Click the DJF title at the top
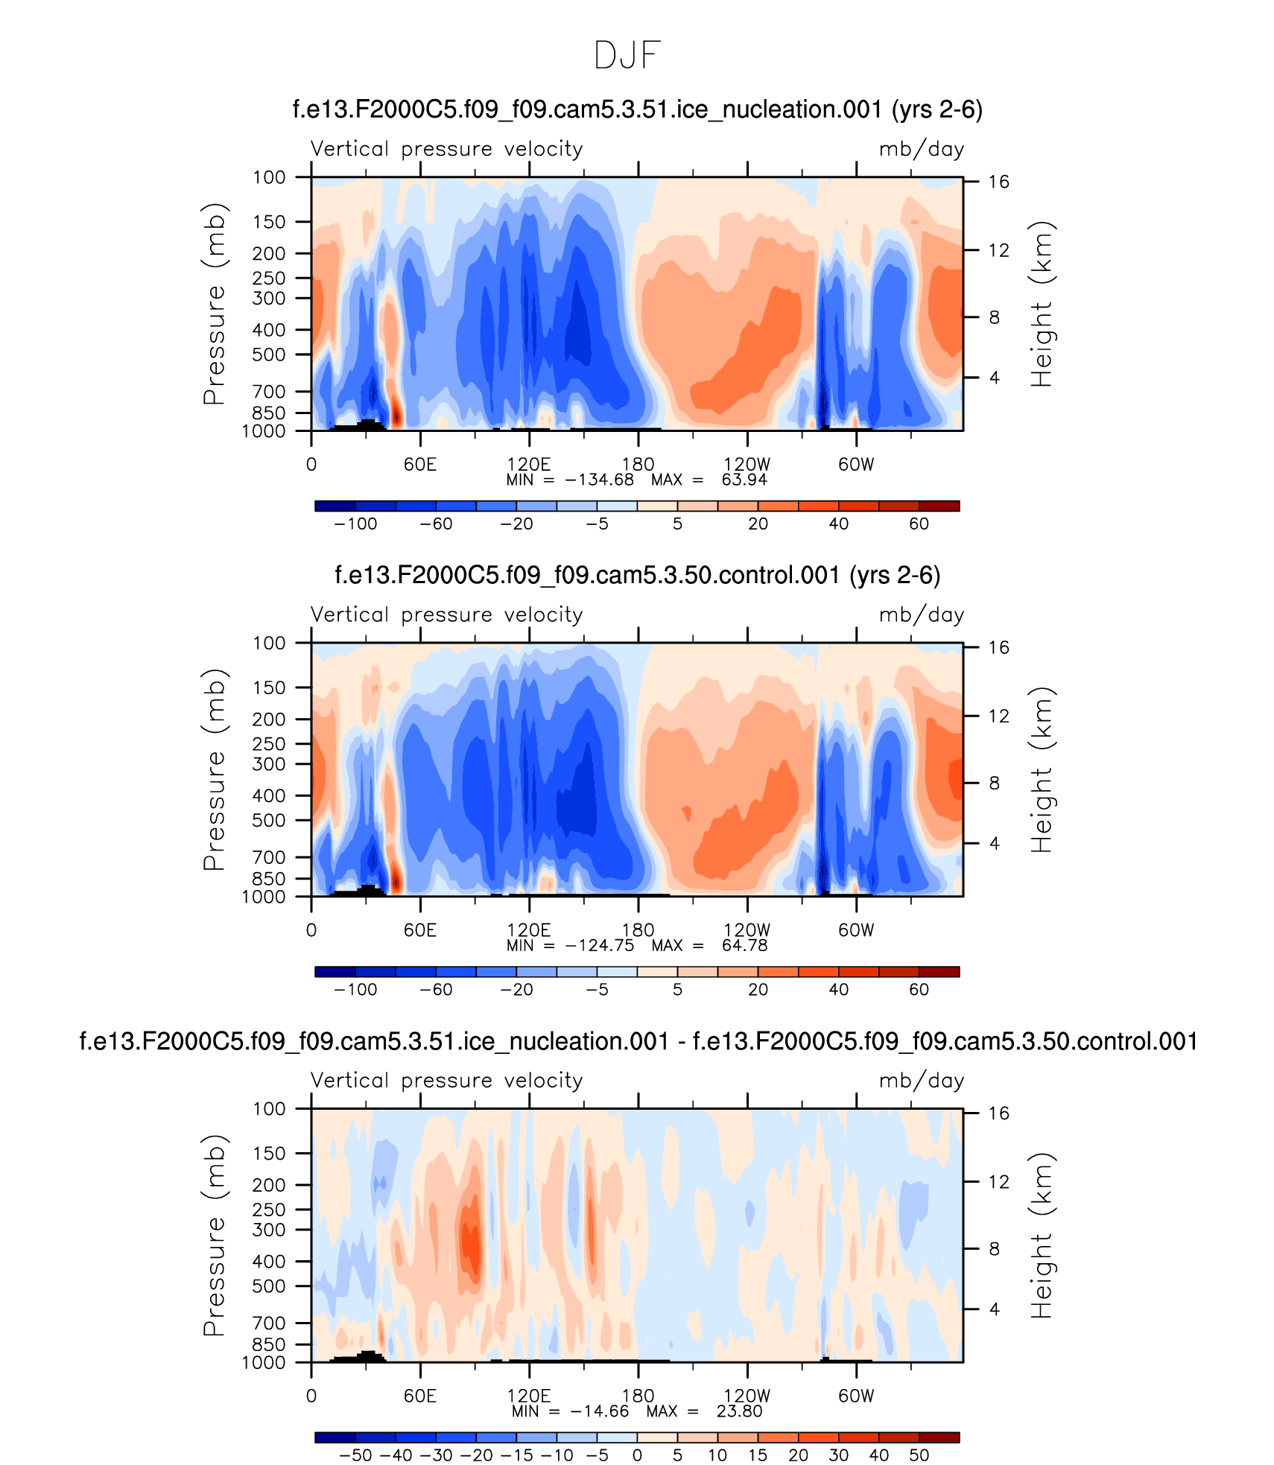coord(627,55)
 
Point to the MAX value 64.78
coord(744,945)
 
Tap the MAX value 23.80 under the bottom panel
coord(739,1411)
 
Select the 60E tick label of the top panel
coord(420,464)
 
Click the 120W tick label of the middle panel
coord(747,929)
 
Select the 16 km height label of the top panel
coord(998,182)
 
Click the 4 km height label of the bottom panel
coord(994,1309)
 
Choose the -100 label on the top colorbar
coord(355,524)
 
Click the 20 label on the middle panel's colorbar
coord(758,989)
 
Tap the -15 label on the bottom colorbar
coord(516,1455)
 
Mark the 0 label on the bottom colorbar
coord(637,1455)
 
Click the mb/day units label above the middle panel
coord(921,614)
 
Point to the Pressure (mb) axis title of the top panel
coord(214,304)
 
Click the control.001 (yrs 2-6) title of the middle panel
coord(637,575)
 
